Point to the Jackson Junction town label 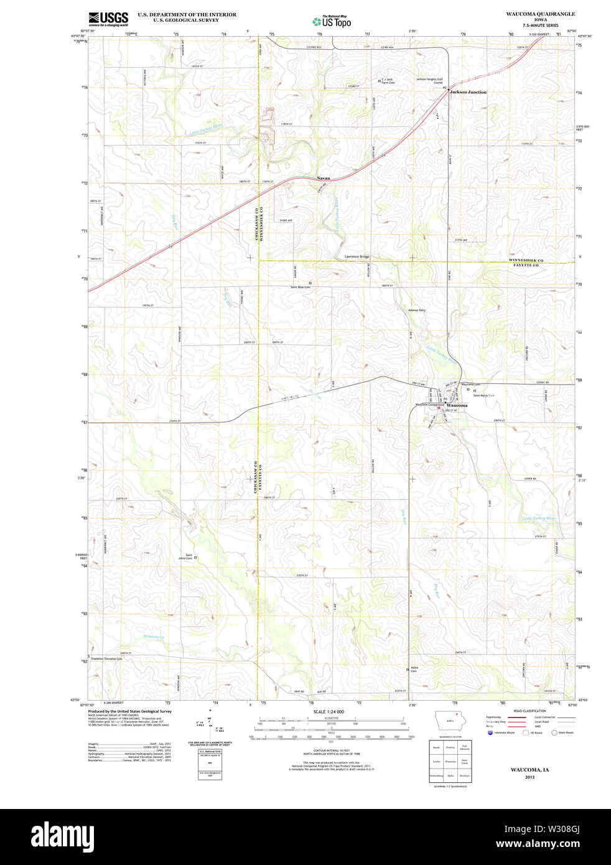pos(468,92)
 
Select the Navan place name pos(324,178)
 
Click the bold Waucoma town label pos(457,405)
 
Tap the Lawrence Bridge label pos(357,256)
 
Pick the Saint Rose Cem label pos(300,287)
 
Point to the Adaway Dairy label pos(416,310)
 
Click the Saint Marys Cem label pos(483,395)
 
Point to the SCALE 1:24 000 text pos(329,711)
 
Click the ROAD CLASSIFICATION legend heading pos(530,711)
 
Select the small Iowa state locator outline pos(449,724)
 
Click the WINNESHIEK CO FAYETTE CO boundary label pos(526,263)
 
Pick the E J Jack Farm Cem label pos(388,81)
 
